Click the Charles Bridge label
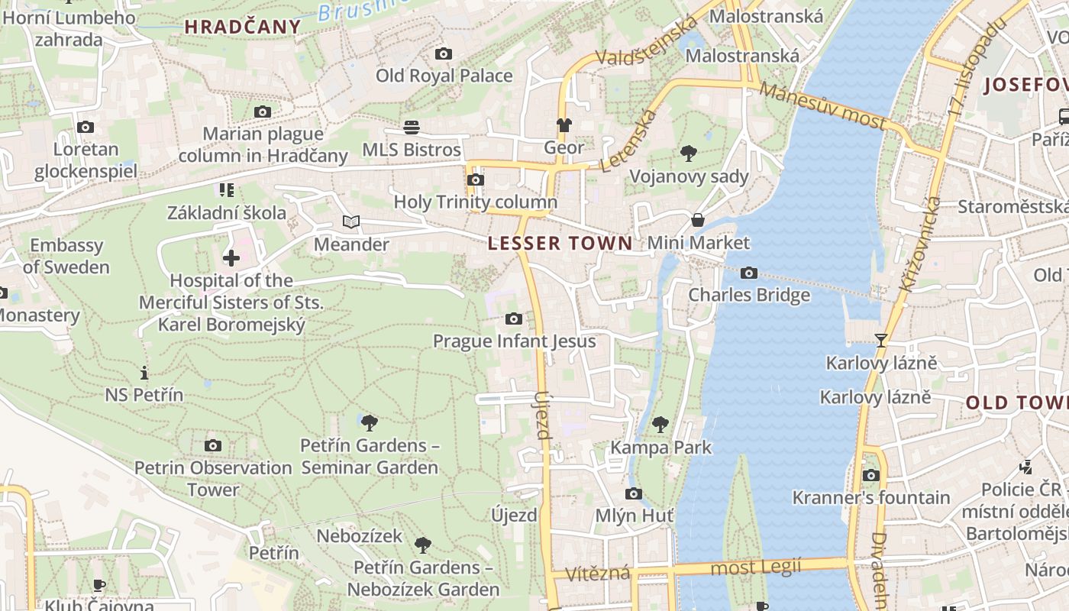[x=749, y=295]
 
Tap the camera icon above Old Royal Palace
[x=444, y=53]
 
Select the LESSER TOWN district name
[x=560, y=244]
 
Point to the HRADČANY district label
[x=243, y=27]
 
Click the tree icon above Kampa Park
[x=660, y=424]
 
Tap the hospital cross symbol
[x=231, y=257]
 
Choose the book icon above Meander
[x=351, y=222]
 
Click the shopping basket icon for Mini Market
[x=698, y=221]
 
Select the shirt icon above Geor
[x=564, y=125]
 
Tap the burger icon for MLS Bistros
[x=412, y=127]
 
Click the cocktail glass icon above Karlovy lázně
[x=881, y=340]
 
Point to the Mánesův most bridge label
[x=823, y=106]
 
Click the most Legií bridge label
[x=756, y=567]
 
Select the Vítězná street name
[x=598, y=574]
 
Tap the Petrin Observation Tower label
[x=213, y=478]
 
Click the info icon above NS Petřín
[x=144, y=373]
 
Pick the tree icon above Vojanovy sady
[x=689, y=154]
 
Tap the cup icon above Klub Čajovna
[x=99, y=585]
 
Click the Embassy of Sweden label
[x=66, y=256]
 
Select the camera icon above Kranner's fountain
[x=871, y=475]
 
